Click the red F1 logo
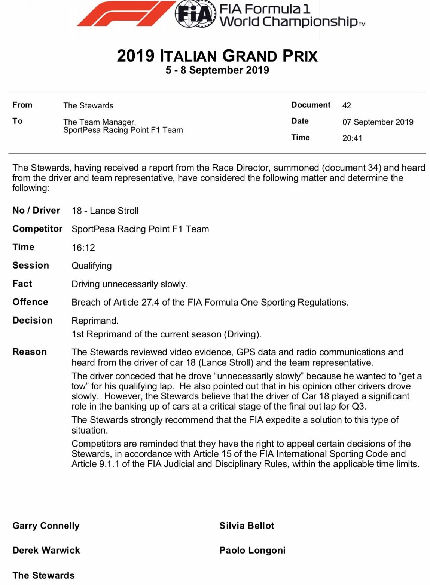point(125,14)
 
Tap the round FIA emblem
point(195,14)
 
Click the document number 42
point(347,105)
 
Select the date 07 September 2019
point(378,122)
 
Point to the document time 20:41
point(352,138)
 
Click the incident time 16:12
point(83,248)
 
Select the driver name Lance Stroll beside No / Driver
point(114,211)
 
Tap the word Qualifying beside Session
point(92,266)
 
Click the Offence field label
point(30,302)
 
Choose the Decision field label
point(33,320)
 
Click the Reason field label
point(30,352)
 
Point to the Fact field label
point(22,284)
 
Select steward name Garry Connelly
point(46,526)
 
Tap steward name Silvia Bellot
point(247,526)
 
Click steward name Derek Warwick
point(46,550)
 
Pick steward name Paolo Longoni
point(252,550)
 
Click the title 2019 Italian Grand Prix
point(217,56)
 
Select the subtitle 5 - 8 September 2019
point(217,70)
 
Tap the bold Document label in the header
point(311,105)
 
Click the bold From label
point(22,105)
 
